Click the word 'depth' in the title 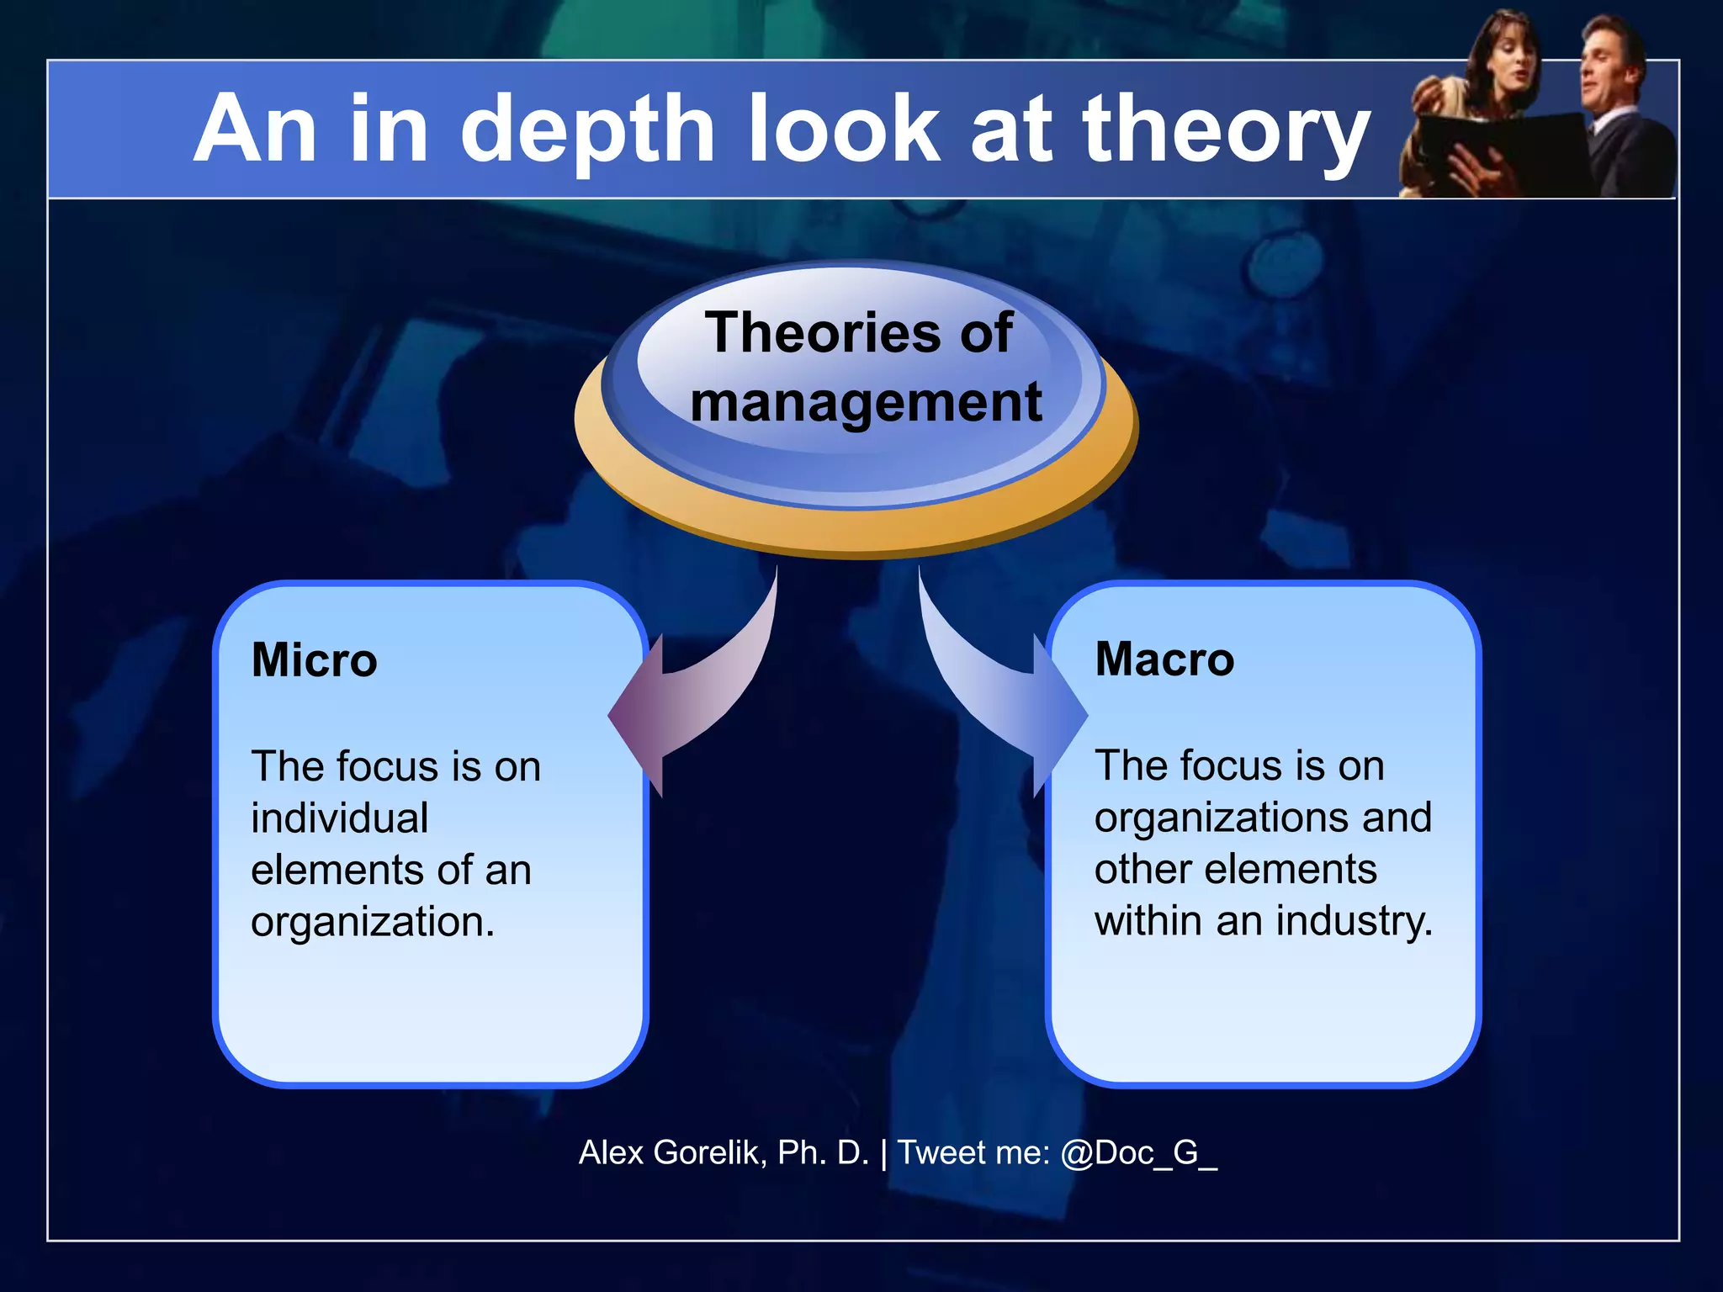587,130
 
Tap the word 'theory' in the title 1226,130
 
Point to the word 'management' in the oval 866,402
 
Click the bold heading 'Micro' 314,659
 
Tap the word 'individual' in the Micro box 340,818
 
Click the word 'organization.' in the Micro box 373,922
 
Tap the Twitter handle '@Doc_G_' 1138,1152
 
